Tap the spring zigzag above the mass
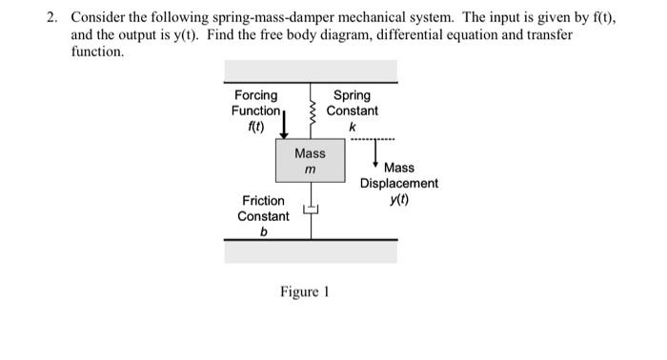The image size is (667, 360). (310, 112)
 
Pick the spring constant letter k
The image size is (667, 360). (352, 127)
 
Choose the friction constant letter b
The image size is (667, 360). (264, 231)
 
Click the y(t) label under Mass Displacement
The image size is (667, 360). (398, 199)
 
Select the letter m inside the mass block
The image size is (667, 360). (310, 170)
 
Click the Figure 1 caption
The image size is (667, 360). (304, 291)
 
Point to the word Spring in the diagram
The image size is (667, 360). (352, 95)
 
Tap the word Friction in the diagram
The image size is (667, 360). (263, 200)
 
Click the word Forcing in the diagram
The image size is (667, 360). (256, 95)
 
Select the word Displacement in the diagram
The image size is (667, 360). (398, 183)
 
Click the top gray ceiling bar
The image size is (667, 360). (311, 70)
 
